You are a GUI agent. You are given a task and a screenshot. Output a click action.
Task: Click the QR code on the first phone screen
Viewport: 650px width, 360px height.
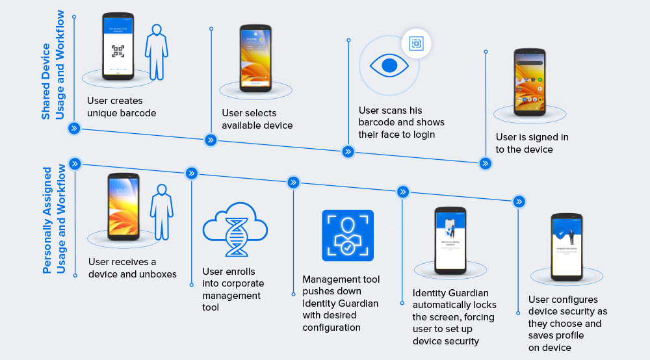[x=118, y=51]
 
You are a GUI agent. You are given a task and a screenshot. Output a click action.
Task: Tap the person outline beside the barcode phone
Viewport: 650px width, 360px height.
[x=157, y=52]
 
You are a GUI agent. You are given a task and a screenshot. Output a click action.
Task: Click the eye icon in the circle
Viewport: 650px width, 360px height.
[x=389, y=65]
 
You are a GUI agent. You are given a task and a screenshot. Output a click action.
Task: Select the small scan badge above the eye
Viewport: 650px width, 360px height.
[x=416, y=44]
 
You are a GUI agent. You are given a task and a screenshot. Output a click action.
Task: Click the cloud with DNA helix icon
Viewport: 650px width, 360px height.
[x=235, y=230]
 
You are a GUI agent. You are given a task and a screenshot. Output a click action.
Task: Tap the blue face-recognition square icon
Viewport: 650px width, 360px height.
[x=348, y=235]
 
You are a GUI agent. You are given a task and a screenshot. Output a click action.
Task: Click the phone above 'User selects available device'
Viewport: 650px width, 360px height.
[x=255, y=58]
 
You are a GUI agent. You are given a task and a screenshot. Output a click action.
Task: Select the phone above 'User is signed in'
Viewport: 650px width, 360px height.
[x=530, y=82]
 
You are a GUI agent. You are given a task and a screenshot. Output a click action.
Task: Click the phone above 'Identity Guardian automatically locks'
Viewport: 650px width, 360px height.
[x=450, y=239]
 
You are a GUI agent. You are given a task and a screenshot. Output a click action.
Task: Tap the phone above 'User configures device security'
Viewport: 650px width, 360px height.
[x=566, y=245]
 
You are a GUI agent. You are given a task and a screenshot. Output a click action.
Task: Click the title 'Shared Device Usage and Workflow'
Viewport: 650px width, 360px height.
[x=53, y=65]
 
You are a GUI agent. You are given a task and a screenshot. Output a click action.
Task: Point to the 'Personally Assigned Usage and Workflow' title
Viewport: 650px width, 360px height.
[x=54, y=219]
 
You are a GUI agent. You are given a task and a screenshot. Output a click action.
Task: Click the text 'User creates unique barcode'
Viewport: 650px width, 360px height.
[x=122, y=107]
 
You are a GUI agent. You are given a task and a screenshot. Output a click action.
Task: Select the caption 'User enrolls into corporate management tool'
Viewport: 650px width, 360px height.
[x=233, y=289]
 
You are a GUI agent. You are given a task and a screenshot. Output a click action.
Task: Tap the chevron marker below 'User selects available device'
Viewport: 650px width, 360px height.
[x=211, y=140]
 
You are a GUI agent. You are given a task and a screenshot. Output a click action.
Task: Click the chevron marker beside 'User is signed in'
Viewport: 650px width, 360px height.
[x=485, y=163]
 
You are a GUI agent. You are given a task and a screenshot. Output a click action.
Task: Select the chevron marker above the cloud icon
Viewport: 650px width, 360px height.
[x=191, y=173]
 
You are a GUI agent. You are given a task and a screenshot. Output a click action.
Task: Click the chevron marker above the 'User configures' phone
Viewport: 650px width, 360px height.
[x=519, y=201]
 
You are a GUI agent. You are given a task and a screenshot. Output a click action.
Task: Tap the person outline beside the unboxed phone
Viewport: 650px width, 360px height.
[x=162, y=209]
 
